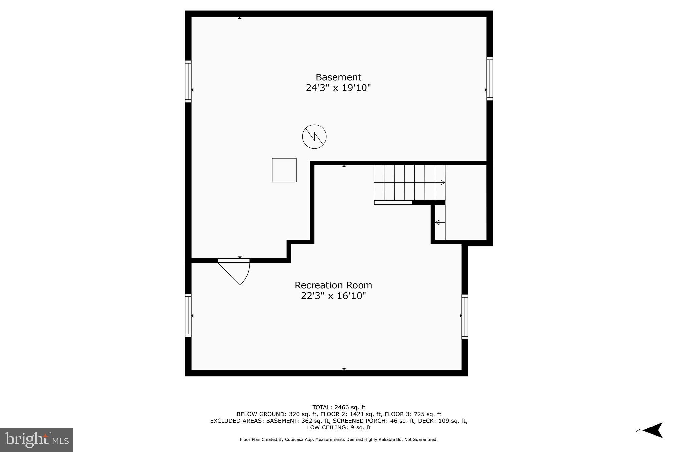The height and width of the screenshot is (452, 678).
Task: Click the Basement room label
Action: (x=338, y=77)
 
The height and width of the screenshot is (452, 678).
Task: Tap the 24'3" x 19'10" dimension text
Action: (x=338, y=88)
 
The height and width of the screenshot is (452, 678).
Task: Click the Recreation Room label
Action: (x=333, y=285)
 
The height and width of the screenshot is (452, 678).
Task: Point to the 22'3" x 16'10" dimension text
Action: (x=333, y=296)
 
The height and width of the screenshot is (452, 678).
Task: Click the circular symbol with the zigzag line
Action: (x=314, y=136)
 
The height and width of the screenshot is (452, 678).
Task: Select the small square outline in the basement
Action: (x=284, y=170)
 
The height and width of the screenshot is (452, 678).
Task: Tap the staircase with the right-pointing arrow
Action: (x=409, y=182)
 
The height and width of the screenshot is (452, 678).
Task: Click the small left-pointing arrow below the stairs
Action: (x=439, y=222)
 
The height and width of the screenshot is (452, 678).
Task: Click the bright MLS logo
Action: (x=37, y=440)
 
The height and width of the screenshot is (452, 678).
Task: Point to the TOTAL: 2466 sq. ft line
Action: (x=339, y=407)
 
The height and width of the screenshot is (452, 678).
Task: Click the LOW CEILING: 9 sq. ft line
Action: (x=339, y=427)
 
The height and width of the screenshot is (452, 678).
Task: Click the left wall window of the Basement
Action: (x=188, y=81)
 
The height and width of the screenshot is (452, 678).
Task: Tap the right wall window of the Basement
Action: (x=489, y=78)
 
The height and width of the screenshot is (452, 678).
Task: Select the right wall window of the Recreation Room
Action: (x=465, y=317)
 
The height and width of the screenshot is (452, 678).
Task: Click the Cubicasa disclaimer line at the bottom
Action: (x=339, y=440)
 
